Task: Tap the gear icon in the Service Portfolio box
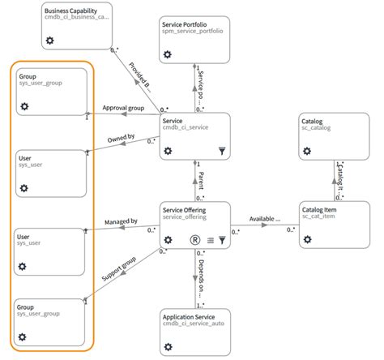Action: (x=169, y=54)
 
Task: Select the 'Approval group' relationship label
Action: (x=123, y=108)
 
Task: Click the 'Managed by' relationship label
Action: (x=121, y=221)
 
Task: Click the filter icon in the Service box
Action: (x=222, y=150)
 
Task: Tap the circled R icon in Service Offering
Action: (x=194, y=240)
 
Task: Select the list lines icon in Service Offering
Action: (x=210, y=240)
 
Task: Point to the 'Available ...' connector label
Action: (x=265, y=218)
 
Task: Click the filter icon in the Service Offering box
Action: (x=222, y=240)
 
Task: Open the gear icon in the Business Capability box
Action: (x=50, y=41)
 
